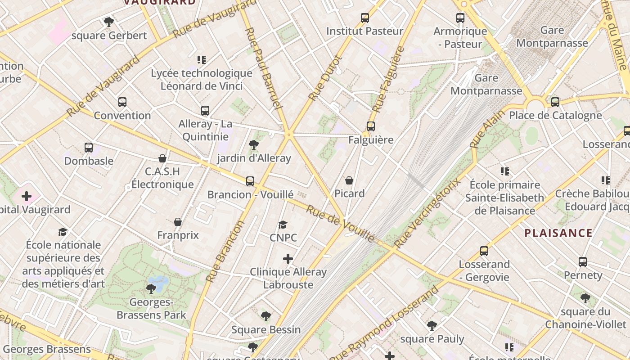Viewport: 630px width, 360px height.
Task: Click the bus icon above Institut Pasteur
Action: [365, 18]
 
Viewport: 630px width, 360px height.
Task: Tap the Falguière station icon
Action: [371, 126]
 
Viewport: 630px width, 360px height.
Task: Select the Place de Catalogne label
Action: [555, 115]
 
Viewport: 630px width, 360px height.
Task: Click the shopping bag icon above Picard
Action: [349, 180]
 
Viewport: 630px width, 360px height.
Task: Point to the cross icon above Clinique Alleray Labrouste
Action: [288, 259]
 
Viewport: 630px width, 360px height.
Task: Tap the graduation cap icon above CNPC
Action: [283, 225]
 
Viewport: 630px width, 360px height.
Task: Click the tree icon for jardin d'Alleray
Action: [254, 145]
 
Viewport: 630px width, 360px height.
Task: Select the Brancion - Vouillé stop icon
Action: [250, 181]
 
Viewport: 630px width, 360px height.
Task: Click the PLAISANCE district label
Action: [558, 233]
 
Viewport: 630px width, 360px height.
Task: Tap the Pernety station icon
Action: [583, 262]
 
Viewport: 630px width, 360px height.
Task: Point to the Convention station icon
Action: [122, 102]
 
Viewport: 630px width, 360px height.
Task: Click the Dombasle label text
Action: [89, 161]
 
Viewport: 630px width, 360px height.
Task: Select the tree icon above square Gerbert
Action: [109, 22]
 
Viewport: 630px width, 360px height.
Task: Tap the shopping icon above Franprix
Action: [178, 222]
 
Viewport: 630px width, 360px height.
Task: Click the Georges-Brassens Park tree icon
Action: [151, 288]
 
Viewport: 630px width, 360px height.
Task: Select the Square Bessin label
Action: [266, 329]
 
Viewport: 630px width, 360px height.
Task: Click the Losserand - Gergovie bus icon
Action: [484, 251]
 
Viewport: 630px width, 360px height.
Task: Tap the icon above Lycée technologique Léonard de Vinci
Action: [201, 59]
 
